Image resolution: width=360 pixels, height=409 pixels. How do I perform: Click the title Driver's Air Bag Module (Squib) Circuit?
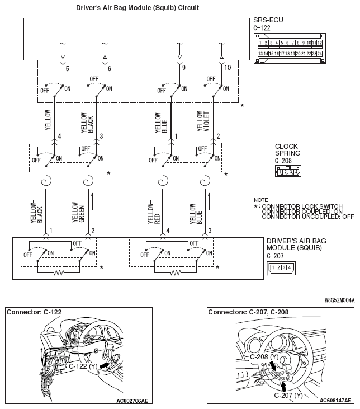tap(138, 8)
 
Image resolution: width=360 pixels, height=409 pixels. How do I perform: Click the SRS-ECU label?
tap(268, 20)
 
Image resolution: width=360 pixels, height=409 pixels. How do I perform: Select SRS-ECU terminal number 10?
tap(228, 68)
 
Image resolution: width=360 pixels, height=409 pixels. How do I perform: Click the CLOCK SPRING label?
tap(287, 150)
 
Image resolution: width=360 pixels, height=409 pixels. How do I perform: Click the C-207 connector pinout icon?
tap(281, 267)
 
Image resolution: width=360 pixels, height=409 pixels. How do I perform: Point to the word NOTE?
tap(260, 200)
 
